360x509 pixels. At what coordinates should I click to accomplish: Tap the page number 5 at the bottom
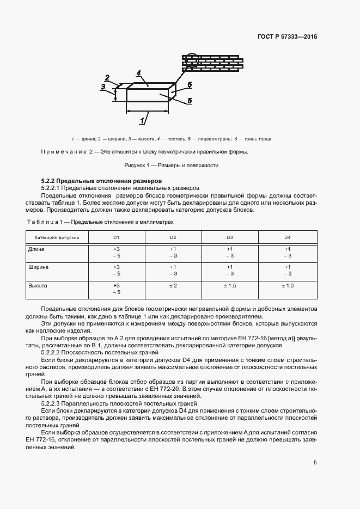pos(315,463)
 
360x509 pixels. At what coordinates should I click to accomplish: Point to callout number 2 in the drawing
pos(107,77)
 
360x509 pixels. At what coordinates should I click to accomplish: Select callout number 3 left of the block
pos(102,87)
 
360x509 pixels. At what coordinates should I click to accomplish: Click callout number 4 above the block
pos(139,72)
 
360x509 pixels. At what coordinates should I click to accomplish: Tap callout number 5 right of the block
pos(189,100)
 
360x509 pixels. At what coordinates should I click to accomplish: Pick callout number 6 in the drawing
pos(189,84)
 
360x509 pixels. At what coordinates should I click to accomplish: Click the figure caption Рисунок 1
pos(179,165)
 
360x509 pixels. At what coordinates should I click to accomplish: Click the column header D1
pos(116,238)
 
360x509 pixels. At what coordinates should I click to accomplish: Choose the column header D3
pos(230,238)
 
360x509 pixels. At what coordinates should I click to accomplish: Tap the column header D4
pos(287,238)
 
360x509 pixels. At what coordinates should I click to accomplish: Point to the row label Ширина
pos(38,267)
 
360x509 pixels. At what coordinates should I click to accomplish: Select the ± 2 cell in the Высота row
pos(173,285)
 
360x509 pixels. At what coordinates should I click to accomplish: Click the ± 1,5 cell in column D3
pos(230,285)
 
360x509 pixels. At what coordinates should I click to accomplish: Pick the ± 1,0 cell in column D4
pos(287,285)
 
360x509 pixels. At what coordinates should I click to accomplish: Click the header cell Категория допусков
pos(57,238)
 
